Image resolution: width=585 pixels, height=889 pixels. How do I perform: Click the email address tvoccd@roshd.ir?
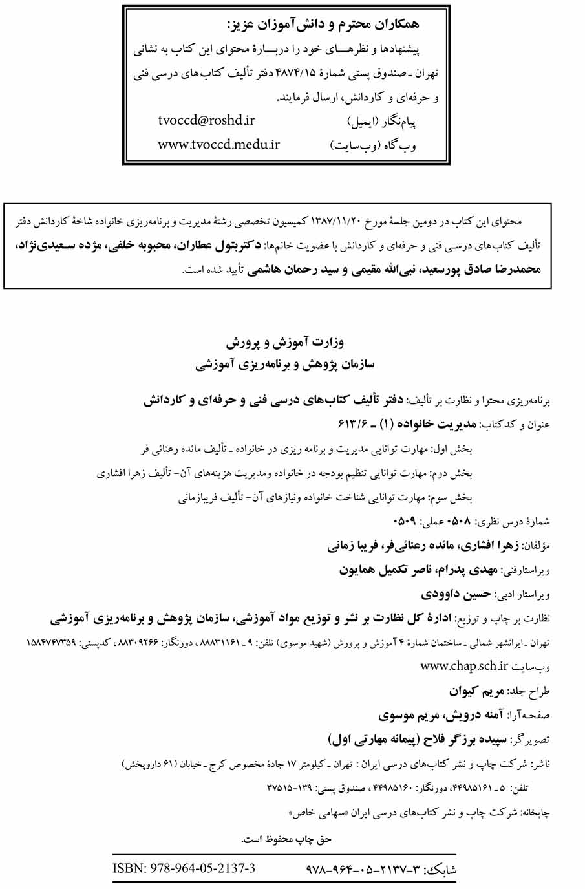[x=206, y=120]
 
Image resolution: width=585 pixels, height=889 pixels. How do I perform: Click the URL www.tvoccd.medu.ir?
[x=218, y=144]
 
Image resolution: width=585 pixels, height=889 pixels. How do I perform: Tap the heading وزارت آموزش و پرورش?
[x=285, y=342]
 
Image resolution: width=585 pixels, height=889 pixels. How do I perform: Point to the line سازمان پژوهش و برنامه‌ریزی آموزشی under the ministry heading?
[x=285, y=365]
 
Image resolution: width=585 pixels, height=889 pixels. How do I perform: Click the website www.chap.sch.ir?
[x=464, y=666]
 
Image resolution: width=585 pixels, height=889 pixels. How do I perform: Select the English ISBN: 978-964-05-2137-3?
[x=184, y=868]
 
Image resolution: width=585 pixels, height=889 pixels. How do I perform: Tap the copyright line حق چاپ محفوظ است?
[x=286, y=839]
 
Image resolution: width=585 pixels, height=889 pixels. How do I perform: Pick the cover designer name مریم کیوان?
[x=476, y=691]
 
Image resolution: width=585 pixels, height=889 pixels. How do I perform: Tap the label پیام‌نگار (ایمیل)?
[x=382, y=122]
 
